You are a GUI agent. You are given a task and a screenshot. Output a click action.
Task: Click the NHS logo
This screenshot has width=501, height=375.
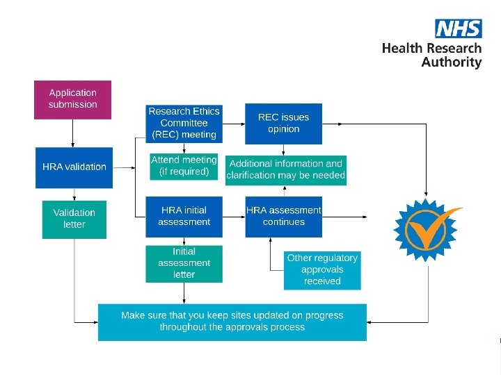tap(458, 28)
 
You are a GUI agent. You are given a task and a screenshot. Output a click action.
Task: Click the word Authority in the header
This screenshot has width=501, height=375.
tap(452, 62)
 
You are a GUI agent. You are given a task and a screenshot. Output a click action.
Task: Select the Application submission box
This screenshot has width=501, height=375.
tap(72, 99)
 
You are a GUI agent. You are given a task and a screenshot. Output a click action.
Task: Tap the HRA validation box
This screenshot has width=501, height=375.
tap(73, 167)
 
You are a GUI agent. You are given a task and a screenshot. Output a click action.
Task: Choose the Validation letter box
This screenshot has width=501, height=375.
tap(74, 219)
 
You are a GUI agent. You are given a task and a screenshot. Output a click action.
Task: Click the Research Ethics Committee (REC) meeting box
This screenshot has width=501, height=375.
tap(184, 122)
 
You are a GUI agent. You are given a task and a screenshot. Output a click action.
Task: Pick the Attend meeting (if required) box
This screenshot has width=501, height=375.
tap(184, 165)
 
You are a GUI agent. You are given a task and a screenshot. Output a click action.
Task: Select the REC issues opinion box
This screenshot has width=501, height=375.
tap(283, 123)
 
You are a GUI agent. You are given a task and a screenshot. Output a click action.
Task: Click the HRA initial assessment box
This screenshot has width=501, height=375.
tap(184, 216)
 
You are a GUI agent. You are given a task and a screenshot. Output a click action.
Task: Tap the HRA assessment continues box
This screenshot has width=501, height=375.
tap(283, 216)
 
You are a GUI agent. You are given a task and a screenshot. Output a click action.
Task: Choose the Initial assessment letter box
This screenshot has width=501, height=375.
tap(184, 263)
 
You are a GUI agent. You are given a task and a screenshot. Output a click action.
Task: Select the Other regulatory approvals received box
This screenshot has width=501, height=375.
tap(322, 269)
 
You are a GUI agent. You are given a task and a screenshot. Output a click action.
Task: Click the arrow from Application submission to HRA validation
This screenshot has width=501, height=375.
tap(73, 133)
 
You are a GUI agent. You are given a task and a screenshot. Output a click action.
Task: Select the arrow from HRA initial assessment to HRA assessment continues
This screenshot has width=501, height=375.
tap(234, 216)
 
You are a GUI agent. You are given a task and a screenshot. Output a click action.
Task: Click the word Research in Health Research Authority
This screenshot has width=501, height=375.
tap(450, 48)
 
